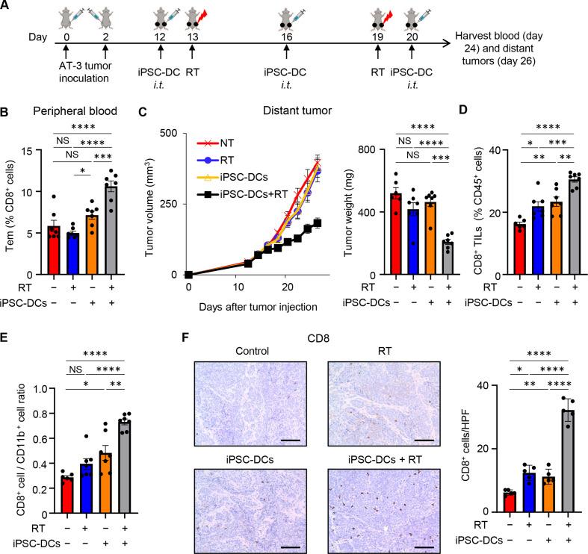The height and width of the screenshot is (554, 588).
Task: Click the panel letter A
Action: [x=7, y=7]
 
